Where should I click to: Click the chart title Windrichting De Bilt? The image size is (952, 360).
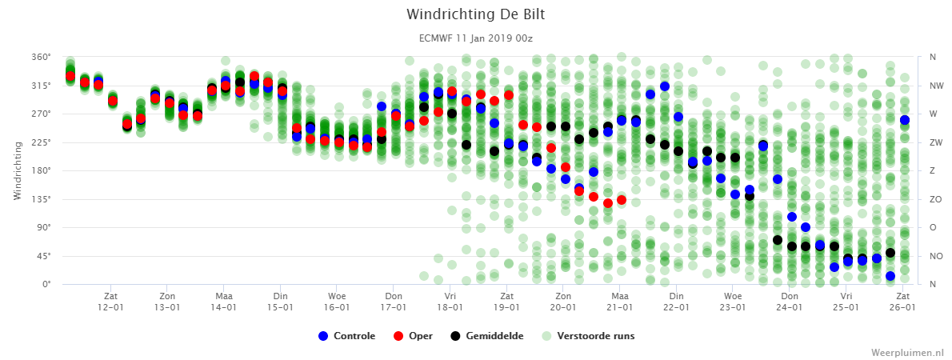(x=475, y=14)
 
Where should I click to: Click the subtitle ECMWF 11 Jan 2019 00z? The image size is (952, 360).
(x=475, y=38)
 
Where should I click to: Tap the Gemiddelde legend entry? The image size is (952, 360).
(x=486, y=336)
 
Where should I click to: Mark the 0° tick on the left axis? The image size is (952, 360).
(x=47, y=284)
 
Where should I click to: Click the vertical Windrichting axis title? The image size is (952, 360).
(x=18, y=170)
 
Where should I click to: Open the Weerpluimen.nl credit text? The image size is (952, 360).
(x=907, y=352)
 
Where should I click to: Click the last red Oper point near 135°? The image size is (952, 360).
(x=622, y=199)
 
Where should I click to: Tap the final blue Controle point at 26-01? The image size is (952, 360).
(x=904, y=120)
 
